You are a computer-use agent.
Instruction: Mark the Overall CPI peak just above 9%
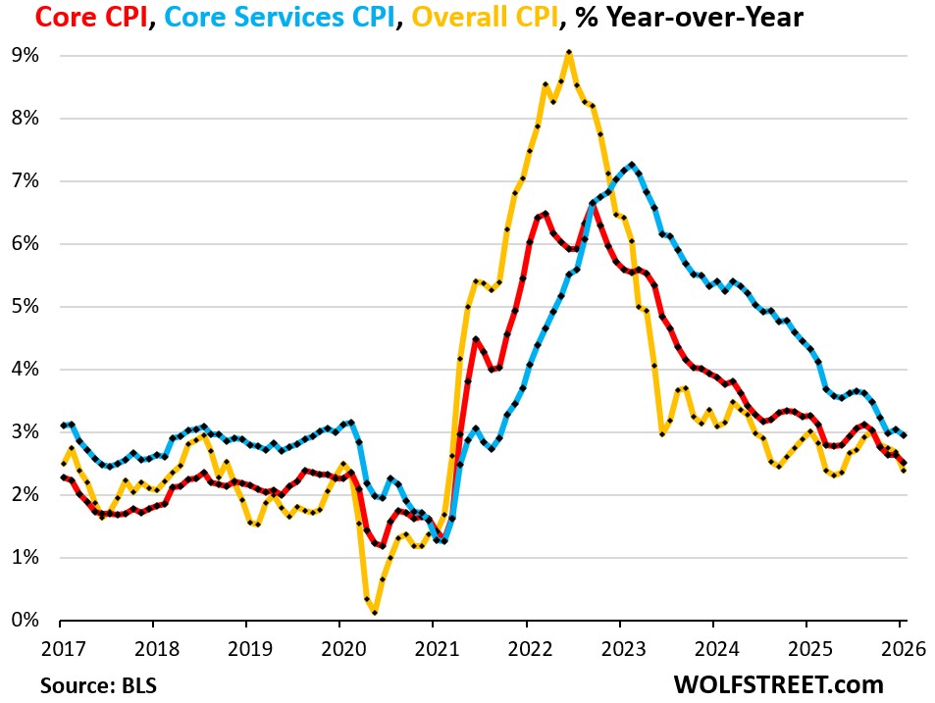point(568,52)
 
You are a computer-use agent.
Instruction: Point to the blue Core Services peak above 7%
point(631,165)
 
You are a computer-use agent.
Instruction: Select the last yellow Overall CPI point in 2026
point(902,470)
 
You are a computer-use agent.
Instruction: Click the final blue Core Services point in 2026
point(902,435)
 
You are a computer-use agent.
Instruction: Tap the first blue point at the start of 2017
point(61,426)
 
